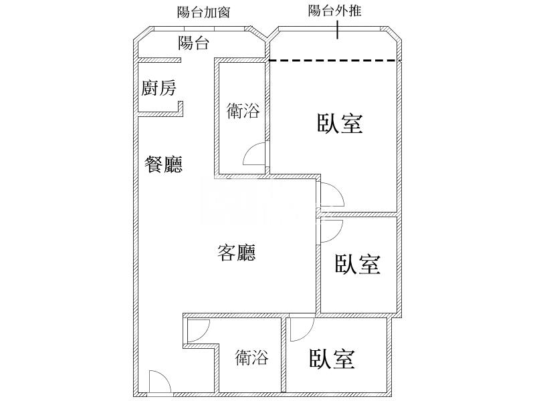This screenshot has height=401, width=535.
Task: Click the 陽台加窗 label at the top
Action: pos(203,11)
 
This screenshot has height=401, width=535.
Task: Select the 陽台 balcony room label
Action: pos(195,44)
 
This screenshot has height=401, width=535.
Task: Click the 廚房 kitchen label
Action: pos(158,88)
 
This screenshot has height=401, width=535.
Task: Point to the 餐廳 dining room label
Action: pos(163,164)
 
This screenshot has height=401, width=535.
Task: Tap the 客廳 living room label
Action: pos(237,253)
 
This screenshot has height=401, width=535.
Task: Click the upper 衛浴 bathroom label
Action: pos(243,111)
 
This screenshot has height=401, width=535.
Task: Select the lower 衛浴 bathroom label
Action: pos(251,358)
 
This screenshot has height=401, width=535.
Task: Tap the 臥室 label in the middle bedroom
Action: pos(358,264)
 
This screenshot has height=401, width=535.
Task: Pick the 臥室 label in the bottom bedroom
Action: pos(332,360)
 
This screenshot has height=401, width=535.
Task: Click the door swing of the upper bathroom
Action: pos(255,155)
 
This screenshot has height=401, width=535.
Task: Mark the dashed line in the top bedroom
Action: pos(334,61)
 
